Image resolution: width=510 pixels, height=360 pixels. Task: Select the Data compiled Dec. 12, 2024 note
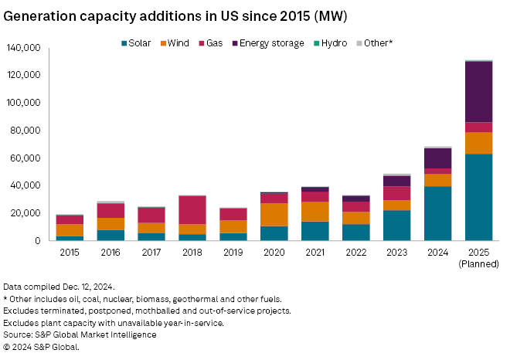58,286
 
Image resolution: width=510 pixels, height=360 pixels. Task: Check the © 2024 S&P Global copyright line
46,347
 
